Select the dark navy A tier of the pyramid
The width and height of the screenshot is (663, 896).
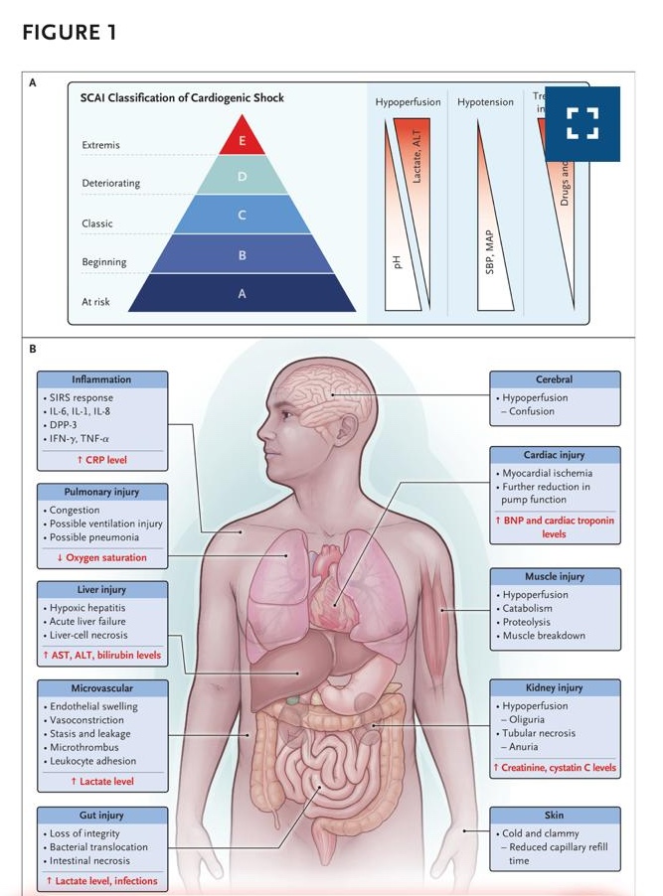242,294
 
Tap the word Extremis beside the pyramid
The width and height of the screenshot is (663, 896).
100,145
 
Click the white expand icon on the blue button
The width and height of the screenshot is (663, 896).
581,124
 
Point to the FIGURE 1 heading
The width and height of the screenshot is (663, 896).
69,33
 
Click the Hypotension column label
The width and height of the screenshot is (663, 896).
485,102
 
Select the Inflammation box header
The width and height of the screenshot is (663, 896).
100,379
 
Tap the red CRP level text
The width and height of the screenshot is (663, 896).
100,460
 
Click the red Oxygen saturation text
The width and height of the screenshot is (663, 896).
100,557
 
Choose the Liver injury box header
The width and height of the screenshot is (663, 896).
100,589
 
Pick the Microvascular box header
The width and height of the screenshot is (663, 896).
100,686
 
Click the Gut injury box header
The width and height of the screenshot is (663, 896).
100,815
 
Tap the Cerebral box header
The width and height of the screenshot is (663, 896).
554,379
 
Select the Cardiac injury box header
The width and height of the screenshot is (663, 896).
554,454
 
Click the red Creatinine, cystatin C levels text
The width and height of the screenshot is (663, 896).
554,768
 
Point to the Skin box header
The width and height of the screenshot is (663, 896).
554,815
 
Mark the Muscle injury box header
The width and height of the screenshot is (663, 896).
554,576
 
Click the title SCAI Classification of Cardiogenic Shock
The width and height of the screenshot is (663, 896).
182,98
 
